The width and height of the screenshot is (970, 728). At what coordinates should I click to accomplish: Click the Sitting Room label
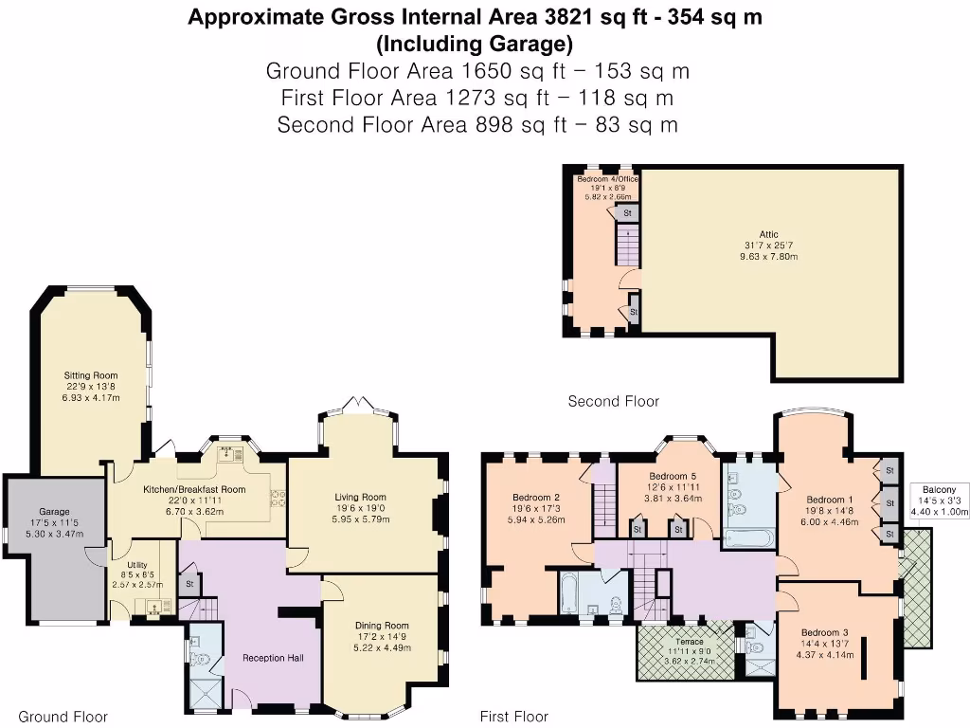[91, 375]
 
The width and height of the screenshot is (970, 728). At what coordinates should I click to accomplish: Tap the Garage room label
[54, 511]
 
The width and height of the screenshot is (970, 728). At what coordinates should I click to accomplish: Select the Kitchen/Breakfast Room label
[194, 489]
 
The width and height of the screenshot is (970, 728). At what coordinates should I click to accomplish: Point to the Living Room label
[360, 496]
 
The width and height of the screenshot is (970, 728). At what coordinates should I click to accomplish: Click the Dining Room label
[382, 625]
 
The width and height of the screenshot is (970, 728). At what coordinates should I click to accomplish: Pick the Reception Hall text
[273, 657]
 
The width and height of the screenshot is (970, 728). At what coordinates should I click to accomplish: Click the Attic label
[769, 232]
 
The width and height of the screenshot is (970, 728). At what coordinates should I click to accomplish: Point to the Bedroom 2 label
[536, 497]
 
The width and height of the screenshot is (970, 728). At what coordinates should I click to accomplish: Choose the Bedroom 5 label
[674, 476]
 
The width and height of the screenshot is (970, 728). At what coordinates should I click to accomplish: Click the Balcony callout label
[938, 490]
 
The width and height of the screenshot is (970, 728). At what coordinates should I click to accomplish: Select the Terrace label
[688, 642]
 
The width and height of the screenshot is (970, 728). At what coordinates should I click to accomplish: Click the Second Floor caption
[613, 401]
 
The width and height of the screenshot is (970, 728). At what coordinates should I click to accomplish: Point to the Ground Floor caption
[63, 717]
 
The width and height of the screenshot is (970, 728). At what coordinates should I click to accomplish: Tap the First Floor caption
[514, 717]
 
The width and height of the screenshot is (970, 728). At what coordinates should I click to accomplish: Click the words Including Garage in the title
[474, 43]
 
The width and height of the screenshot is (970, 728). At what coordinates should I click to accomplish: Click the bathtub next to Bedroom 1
[749, 537]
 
